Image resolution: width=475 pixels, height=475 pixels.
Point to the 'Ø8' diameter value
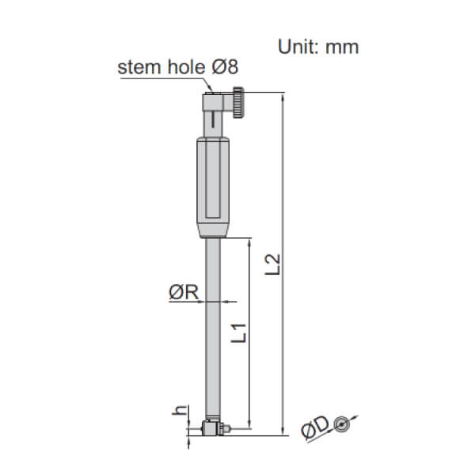225,66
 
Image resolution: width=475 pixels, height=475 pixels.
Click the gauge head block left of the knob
215,103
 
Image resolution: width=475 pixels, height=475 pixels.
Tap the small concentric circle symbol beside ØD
340,424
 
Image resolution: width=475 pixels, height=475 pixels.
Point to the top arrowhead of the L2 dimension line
282,97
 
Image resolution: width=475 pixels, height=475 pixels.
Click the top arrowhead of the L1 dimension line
250,241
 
